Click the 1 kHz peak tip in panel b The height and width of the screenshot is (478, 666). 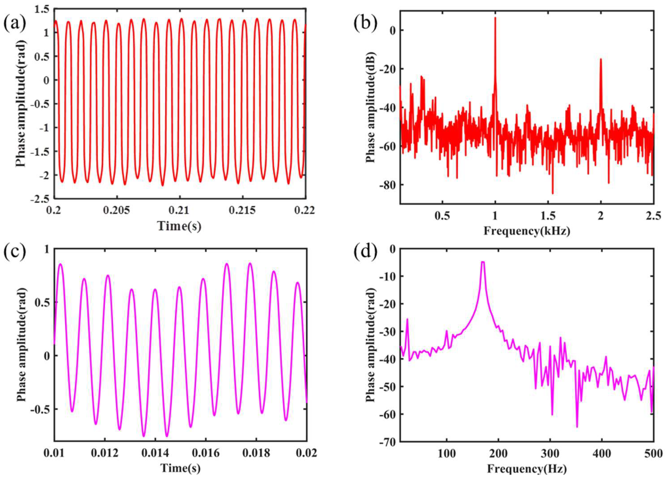click(x=495, y=18)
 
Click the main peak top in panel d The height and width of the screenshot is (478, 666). click(x=482, y=262)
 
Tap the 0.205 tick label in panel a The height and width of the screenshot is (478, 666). click(x=117, y=211)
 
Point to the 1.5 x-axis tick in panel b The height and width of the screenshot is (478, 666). click(x=548, y=216)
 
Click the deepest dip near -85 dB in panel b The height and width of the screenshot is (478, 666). click(x=553, y=194)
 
